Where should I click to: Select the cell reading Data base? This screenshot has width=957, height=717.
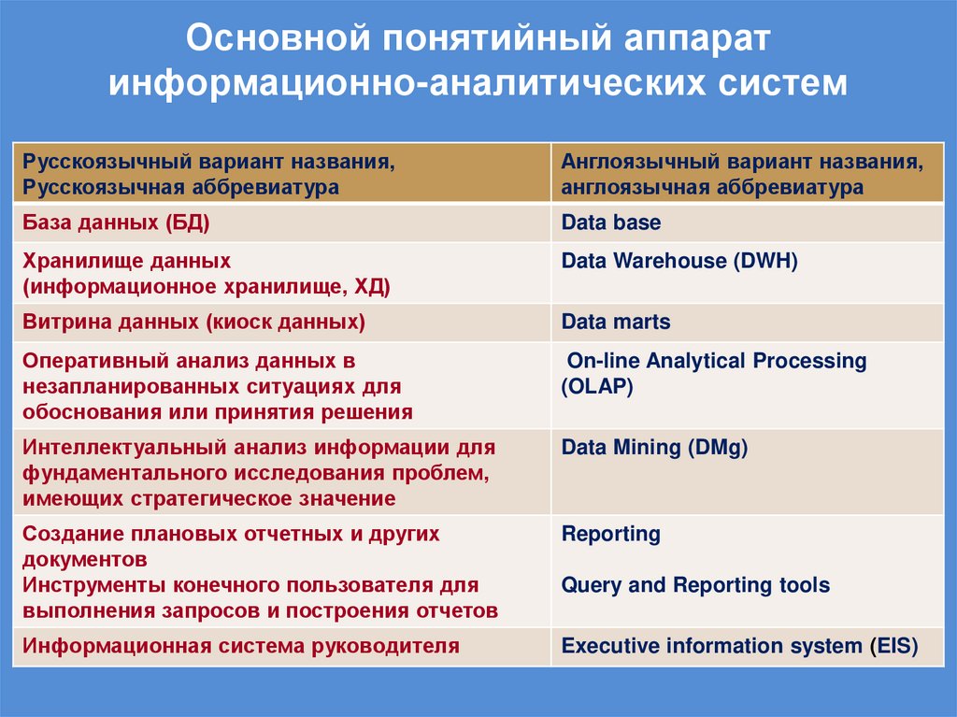click(x=610, y=222)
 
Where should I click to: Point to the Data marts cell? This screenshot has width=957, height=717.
click(x=616, y=323)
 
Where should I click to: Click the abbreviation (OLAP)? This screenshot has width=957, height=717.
click(x=597, y=385)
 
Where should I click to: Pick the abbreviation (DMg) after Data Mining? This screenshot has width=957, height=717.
click(x=718, y=448)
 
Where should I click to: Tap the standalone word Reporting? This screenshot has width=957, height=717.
click(x=611, y=535)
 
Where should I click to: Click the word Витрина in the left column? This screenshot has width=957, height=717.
click(x=67, y=323)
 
